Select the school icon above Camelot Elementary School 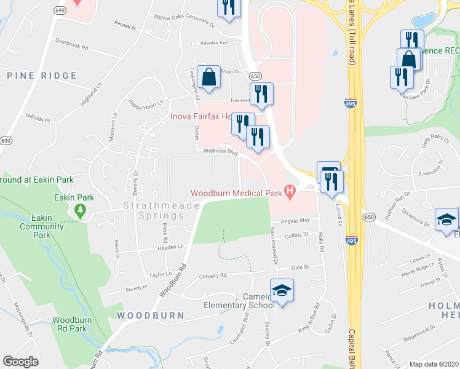282,290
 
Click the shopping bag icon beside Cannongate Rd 209,78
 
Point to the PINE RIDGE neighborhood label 42,76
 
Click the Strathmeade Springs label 153,210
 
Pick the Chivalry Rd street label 213,275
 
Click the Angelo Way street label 295,220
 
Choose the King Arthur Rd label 309,317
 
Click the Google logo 21,362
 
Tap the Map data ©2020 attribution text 433,364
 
